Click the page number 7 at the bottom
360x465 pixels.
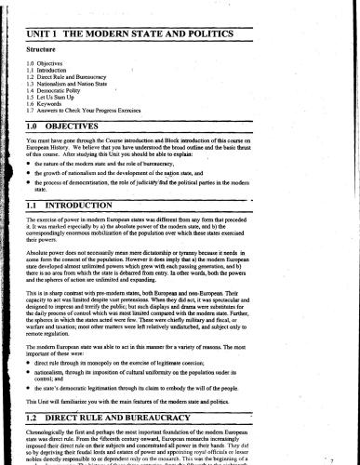345,458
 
